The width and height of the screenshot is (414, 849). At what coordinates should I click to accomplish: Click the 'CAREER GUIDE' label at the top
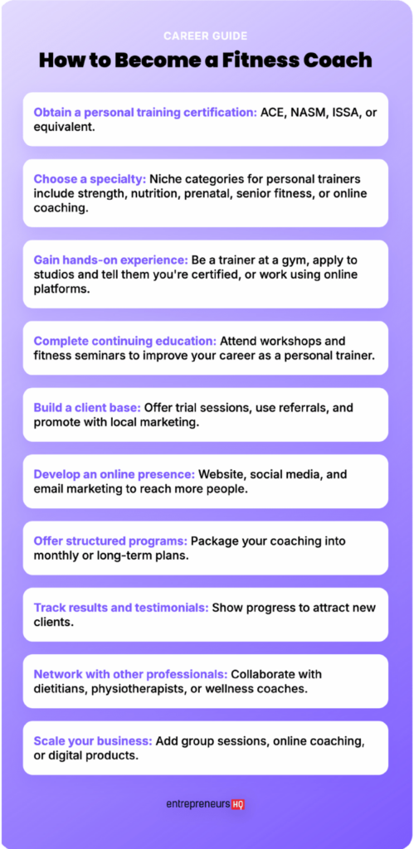[x=207, y=36]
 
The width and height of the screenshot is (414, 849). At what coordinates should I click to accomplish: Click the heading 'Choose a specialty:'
[x=90, y=178]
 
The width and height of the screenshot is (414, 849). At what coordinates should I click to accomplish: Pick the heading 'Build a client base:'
[x=87, y=407]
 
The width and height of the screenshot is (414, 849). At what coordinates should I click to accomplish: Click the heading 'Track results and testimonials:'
[x=121, y=608]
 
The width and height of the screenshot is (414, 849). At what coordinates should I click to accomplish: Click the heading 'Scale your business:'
[x=93, y=740]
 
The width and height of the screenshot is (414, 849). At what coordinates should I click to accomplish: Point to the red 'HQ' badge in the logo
[x=238, y=804]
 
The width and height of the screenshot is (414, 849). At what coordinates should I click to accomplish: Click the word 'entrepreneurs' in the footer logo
[x=197, y=804]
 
